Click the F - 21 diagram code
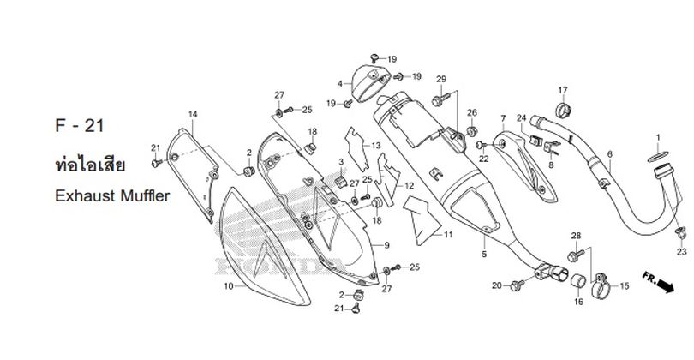click(80, 126)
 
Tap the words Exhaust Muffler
click(112, 195)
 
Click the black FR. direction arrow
click(665, 285)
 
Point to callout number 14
click(193, 114)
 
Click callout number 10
click(229, 286)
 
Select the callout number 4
click(340, 84)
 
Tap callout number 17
click(563, 90)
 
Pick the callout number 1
click(658, 137)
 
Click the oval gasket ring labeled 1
click(658, 156)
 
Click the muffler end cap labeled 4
click(370, 83)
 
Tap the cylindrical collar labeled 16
click(578, 281)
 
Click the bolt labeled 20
click(517, 285)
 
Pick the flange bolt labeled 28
click(576, 255)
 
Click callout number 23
click(682, 251)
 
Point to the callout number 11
click(448, 235)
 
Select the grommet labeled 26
click(472, 131)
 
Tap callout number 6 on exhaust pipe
click(610, 154)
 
